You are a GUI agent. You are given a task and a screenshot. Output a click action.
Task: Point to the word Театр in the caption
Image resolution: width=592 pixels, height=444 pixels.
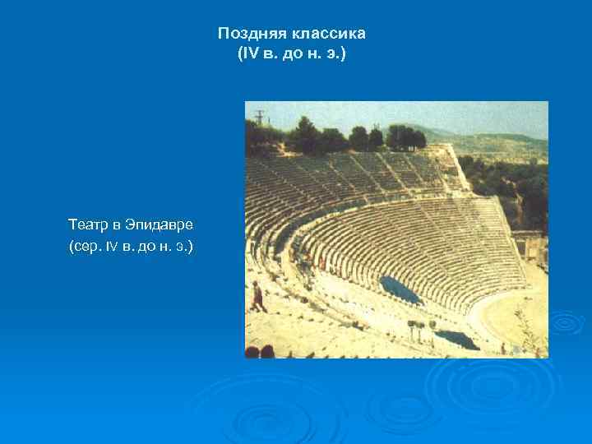pyautogui.click(x=87, y=224)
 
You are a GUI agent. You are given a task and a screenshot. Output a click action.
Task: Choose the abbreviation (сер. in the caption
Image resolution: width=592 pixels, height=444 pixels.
pyautogui.click(x=86, y=246)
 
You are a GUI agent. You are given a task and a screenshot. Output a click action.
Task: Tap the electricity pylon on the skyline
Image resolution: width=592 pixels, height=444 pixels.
pyautogui.click(x=259, y=117)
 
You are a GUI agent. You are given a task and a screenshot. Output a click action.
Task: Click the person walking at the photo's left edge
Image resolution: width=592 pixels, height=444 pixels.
pyautogui.click(x=258, y=296)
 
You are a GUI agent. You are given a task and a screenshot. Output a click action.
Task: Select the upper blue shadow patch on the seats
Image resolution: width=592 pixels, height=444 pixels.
pyautogui.click(x=398, y=289)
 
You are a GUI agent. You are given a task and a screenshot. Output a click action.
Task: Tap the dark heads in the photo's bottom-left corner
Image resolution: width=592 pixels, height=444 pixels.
pyautogui.click(x=258, y=351)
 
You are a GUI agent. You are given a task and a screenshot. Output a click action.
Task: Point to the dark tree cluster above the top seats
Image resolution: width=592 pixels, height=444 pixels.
pyautogui.click(x=362, y=136)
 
